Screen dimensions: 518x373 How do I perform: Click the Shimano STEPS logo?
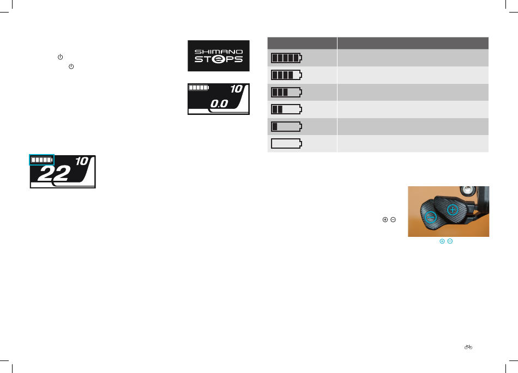(x=219, y=56)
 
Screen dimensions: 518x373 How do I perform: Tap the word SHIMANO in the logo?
(x=219, y=50)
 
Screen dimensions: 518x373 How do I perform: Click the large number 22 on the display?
(x=55, y=174)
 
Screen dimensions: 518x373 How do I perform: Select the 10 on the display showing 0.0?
(x=236, y=89)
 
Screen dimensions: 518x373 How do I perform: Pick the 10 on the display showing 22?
(x=81, y=161)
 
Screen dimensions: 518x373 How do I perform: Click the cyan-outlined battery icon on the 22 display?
(x=42, y=160)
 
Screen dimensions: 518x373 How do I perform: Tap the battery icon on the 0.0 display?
(x=199, y=87)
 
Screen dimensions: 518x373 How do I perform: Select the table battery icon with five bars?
(x=286, y=58)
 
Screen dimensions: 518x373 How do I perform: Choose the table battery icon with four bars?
(x=286, y=75)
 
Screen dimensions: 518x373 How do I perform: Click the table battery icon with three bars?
(x=286, y=91)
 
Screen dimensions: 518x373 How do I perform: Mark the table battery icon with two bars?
(x=286, y=109)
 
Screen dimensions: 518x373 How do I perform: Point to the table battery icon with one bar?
(x=286, y=126)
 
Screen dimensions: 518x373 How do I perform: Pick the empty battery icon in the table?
(x=286, y=144)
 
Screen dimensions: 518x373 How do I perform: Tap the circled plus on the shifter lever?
(x=452, y=210)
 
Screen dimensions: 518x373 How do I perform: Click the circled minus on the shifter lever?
(x=430, y=217)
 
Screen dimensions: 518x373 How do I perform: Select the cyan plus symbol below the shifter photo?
(x=442, y=241)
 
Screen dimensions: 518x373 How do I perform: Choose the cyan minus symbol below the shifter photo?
(x=449, y=241)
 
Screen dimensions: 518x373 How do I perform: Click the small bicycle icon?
(x=468, y=347)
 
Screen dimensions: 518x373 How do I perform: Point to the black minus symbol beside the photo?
(x=393, y=219)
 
